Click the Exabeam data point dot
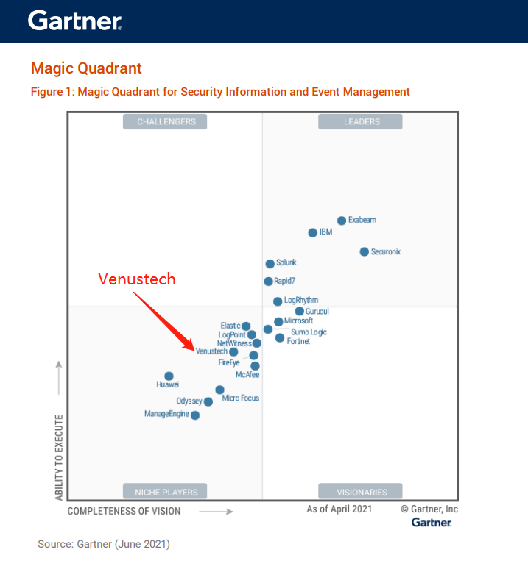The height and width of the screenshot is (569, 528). (x=342, y=221)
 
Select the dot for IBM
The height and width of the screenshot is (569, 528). (x=313, y=232)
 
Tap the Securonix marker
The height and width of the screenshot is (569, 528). (x=364, y=251)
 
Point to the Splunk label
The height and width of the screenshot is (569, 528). (x=286, y=263)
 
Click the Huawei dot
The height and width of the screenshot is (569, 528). (x=169, y=376)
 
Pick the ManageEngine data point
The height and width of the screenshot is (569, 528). (x=195, y=415)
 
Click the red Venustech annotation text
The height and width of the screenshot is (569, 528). (x=138, y=279)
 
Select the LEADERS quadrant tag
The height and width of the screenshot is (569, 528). (x=361, y=122)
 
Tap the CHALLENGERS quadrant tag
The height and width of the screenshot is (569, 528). (x=165, y=122)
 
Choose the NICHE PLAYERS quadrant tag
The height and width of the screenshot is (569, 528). (x=165, y=492)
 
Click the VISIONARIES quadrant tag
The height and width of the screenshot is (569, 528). (x=361, y=492)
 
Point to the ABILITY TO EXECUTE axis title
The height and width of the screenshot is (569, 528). (x=59, y=457)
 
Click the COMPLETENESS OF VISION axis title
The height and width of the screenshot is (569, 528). (x=124, y=510)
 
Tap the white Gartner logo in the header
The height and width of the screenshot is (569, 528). (x=74, y=21)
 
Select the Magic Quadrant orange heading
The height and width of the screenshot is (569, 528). (x=86, y=68)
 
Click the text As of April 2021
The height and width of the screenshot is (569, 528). (x=339, y=509)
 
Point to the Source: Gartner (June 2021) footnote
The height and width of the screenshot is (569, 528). (x=104, y=544)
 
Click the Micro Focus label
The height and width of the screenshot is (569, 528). (x=241, y=398)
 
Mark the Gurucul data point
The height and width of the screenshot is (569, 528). (x=300, y=311)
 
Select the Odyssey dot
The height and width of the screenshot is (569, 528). (x=208, y=401)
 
